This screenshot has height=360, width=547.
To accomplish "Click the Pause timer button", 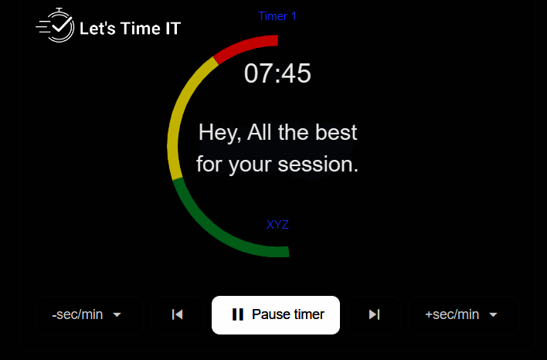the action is [x=276, y=315].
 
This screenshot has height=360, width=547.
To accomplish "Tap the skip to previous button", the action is [x=178, y=315].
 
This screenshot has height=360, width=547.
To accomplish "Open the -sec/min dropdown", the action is [x=90, y=315].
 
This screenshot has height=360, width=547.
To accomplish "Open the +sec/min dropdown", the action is [x=464, y=315].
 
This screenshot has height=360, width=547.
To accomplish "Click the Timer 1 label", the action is [x=277, y=16].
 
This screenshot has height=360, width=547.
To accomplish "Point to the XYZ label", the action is [x=277, y=225].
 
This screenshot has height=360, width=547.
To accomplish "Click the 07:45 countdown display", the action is [x=277, y=73].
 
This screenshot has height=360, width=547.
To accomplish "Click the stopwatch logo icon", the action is [x=55, y=25].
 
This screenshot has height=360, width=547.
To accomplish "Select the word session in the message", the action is [x=318, y=165].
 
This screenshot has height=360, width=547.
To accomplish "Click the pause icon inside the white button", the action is [x=238, y=314].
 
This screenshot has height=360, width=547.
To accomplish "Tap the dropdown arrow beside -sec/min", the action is [x=117, y=315].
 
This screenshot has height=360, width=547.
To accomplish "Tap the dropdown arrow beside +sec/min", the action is [x=493, y=315].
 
